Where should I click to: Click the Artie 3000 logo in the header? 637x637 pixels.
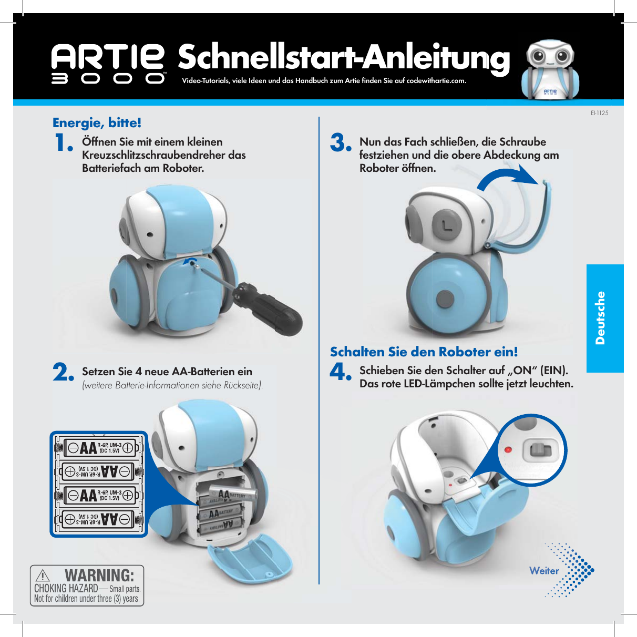point(108,64)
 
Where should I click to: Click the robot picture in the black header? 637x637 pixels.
point(550,69)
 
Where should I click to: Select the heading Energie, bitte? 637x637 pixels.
point(97,123)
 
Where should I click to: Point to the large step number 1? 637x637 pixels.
point(64,143)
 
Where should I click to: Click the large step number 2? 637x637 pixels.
point(64,373)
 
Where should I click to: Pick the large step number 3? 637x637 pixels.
point(341,143)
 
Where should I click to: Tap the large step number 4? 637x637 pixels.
point(340,373)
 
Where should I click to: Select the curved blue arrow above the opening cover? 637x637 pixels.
point(508,179)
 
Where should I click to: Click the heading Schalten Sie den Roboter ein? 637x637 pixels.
point(424,352)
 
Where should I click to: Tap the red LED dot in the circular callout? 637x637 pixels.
point(508,450)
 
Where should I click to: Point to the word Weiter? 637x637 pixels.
point(544,571)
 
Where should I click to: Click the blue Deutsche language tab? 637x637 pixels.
point(604,318)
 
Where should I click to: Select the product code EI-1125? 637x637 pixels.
point(599,113)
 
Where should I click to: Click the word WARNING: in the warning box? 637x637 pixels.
point(99,575)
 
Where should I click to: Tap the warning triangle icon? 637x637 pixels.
point(43,576)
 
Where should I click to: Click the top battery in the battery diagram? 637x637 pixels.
point(99,448)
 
